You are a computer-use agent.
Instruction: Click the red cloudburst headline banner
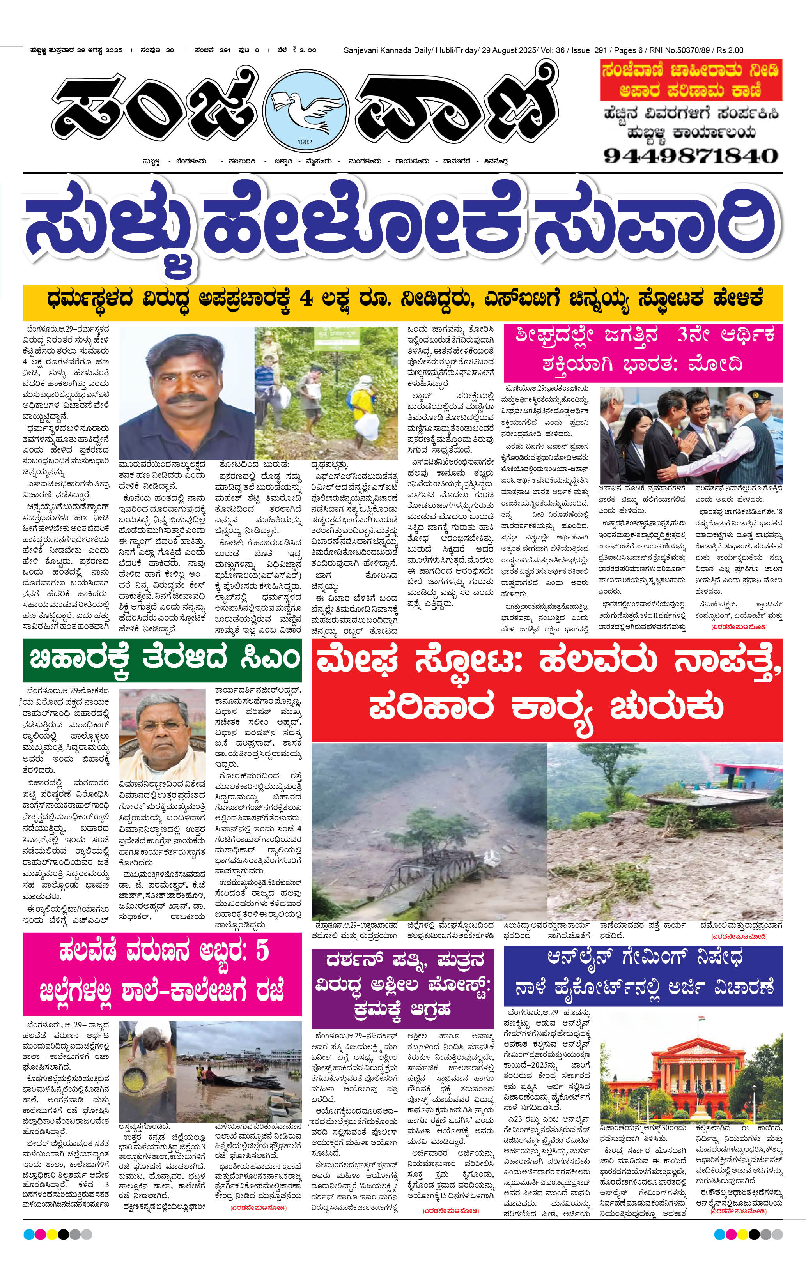(x=547, y=689)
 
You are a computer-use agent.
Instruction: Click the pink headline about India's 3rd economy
(x=643, y=349)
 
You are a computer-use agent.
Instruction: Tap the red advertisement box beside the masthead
(x=691, y=80)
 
